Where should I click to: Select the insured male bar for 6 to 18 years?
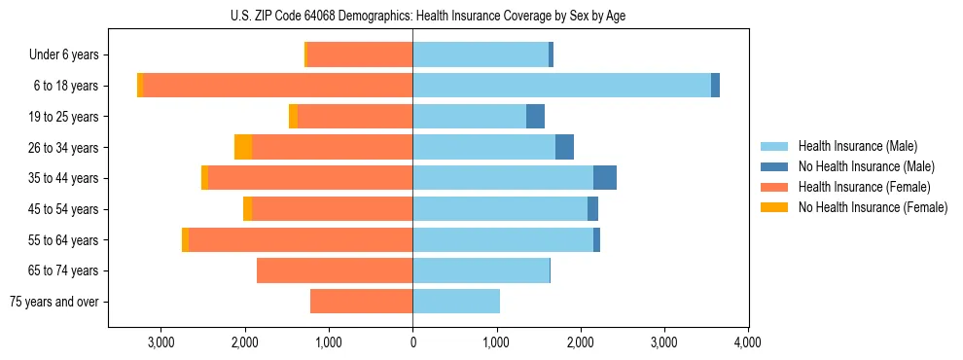tap(561, 86)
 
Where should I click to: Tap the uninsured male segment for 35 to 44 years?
tap(604, 178)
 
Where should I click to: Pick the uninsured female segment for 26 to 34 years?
tap(243, 147)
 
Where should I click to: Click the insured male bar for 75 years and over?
tap(456, 302)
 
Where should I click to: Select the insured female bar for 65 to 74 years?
tap(335, 270)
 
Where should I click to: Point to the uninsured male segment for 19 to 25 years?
tap(535, 117)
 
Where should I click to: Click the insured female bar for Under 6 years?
tap(360, 54)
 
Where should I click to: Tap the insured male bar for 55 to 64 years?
tap(503, 239)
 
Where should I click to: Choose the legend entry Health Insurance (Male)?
tap(857, 146)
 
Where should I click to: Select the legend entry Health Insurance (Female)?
tap(863, 187)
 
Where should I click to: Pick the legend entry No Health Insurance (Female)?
tap(872, 207)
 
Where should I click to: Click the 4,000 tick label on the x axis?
tap(747, 342)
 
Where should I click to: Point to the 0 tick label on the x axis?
tap(412, 342)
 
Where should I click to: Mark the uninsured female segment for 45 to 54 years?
tap(247, 209)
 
